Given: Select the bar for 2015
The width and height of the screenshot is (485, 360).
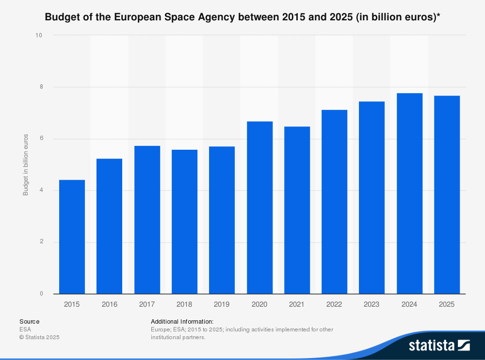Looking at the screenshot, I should pos(72,237).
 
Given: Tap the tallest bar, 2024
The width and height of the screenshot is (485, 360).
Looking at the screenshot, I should pos(409,193).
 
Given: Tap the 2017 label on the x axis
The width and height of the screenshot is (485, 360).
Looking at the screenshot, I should pos(147,304).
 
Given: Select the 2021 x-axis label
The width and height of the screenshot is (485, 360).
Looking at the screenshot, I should pos(297,304).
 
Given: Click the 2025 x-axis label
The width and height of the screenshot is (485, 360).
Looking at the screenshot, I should pos(447,304).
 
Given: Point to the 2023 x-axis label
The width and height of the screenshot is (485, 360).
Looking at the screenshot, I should pos(372,304).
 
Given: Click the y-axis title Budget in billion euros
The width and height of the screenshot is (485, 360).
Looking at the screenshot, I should pos(26,165).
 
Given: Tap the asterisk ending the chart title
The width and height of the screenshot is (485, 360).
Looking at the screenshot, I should pos(438,16).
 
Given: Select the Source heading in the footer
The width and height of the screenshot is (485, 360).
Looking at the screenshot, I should pos(29,321).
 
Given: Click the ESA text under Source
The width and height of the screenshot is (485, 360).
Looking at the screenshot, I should pos(25,329).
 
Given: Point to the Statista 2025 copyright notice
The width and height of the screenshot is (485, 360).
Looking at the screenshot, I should pos(39,337).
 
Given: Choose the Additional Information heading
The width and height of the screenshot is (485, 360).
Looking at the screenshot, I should pos(182,321).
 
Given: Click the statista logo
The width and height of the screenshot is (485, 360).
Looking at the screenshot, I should pos(439,345).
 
